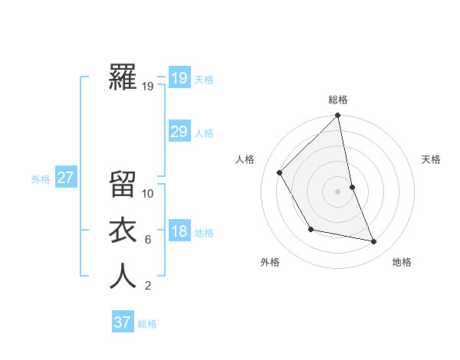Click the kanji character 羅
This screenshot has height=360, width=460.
coord(123,77)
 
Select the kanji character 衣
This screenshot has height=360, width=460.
coord(123,231)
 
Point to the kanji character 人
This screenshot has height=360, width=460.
coord(123,277)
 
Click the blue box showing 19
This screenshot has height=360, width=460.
coord(179,78)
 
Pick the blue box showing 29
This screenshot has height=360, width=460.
coord(179,132)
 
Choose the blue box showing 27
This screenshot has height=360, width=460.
coord(65,178)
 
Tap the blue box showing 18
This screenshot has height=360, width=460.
coord(179,231)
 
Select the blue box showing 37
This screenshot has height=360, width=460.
coord(122,322)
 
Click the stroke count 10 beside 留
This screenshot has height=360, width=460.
coord(148,194)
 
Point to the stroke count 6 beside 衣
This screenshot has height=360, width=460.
coord(147,240)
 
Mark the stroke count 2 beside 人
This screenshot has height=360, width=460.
coord(147,286)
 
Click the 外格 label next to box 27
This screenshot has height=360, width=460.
coord(41,179)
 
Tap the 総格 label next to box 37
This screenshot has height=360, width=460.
coord(147,324)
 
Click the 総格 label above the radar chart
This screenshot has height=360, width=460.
coord(338,100)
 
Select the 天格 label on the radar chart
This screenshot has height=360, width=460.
coord(431,159)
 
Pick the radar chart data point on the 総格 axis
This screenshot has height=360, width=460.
coord(338,116)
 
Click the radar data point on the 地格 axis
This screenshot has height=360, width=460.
coord(374,242)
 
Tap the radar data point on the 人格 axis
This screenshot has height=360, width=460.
coord(280,172)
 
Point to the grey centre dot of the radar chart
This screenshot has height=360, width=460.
coord(338,191)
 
